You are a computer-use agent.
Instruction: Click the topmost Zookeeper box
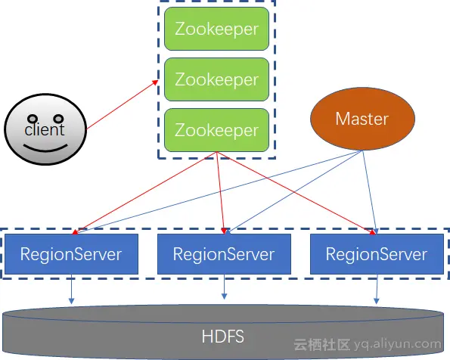point(216,29)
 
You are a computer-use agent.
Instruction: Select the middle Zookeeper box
point(216,79)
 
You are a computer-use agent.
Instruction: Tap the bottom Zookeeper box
point(216,130)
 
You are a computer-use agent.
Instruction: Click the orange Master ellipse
point(362,119)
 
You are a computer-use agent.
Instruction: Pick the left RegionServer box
point(71,254)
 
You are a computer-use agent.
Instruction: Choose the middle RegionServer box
point(224,254)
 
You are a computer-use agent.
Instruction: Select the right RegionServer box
point(377,254)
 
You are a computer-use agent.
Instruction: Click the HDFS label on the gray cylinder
point(222,337)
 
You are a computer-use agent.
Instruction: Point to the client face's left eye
point(33,119)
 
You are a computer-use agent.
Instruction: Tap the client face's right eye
point(58,118)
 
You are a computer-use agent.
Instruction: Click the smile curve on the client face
point(45,150)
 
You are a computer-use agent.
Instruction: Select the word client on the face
point(45,130)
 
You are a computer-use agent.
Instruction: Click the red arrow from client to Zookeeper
point(123,104)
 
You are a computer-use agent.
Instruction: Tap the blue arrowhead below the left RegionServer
point(71,300)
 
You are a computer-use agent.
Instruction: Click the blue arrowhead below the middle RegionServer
point(225,296)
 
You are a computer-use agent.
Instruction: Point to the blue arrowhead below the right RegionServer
point(376,300)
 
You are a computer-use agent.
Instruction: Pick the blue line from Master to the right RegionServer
point(370,192)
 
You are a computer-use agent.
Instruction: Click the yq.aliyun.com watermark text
point(398,344)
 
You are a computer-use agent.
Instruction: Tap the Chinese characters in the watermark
point(321,345)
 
